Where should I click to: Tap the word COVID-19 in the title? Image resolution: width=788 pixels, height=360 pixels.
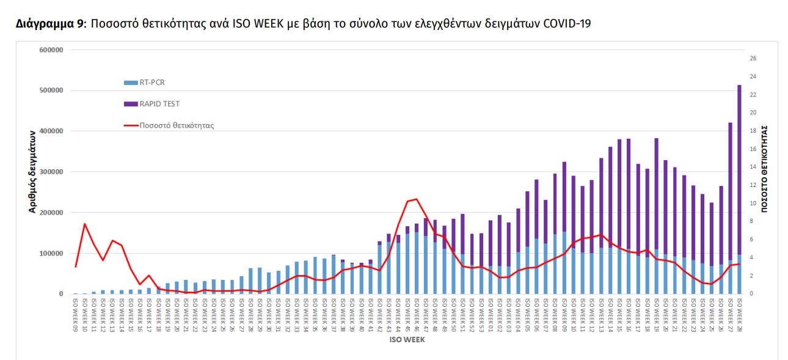[x=567, y=24]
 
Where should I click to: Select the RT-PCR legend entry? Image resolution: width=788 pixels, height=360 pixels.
[x=152, y=82]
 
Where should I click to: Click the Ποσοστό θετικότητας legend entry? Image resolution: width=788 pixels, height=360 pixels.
[x=176, y=125]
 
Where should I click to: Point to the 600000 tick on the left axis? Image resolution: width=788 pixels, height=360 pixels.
[x=52, y=50]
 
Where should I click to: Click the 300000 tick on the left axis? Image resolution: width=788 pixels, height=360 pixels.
[x=52, y=172]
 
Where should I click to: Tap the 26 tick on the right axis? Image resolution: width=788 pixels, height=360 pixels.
[x=753, y=59]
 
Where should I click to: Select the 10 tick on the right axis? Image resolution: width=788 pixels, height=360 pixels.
[x=753, y=204]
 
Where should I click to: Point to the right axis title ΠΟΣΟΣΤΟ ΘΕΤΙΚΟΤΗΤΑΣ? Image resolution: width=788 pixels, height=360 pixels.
[x=764, y=169]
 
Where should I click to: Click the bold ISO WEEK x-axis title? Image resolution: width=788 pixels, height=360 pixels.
[x=406, y=340]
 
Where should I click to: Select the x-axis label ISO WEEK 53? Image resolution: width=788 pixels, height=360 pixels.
[x=481, y=314]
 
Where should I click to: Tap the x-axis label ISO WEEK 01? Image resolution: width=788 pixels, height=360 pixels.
[x=491, y=314]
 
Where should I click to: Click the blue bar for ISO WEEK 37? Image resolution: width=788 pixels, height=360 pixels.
[x=334, y=274]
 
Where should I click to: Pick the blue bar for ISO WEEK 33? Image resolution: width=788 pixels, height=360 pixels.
[x=297, y=278]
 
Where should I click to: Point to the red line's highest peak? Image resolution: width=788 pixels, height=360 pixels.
[x=416, y=199]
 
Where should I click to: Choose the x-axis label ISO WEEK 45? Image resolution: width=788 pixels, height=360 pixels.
[x=407, y=314]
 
